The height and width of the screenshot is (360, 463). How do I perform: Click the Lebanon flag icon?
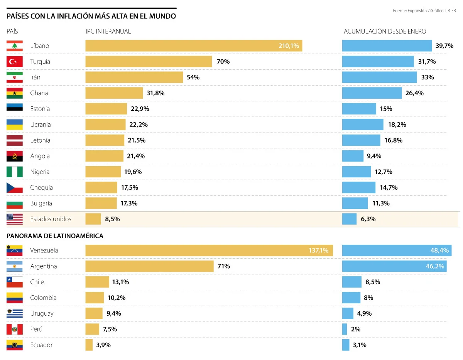pyautogui.click(x=15, y=46)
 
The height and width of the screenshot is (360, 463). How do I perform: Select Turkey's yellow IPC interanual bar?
pyautogui.click(x=149, y=62)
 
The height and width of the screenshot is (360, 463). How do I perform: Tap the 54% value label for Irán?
pyautogui.click(x=193, y=77)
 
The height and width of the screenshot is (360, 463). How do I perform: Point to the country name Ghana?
pyautogui.click(x=39, y=93)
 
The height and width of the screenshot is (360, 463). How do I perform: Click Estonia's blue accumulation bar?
pyautogui.click(x=359, y=109)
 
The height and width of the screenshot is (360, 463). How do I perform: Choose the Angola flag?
pyautogui.click(x=15, y=156)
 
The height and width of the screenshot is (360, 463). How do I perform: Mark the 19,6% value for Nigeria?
pyautogui.click(x=133, y=172)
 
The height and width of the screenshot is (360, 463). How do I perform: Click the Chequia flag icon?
pyautogui.click(x=15, y=188)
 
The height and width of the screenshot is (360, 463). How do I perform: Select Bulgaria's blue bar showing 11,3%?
pyautogui.click(x=355, y=203)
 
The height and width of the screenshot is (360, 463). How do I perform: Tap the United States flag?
pyautogui.click(x=15, y=219)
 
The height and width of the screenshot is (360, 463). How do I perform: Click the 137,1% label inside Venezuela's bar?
pyautogui.click(x=318, y=251)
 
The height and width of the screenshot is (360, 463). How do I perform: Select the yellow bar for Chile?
pyautogui.click(x=97, y=282)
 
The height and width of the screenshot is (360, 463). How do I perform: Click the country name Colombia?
pyautogui.click(x=43, y=298)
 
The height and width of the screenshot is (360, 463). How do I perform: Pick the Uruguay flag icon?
pyautogui.click(x=15, y=313)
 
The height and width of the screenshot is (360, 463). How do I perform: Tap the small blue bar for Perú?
pyautogui.click(x=345, y=329)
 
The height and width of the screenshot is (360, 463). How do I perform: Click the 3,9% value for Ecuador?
pyautogui.click(x=103, y=345)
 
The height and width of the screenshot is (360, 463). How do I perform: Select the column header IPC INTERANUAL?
pyautogui.click(x=108, y=32)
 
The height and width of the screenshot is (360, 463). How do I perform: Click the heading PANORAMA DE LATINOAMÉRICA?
pyautogui.click(x=55, y=236)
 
